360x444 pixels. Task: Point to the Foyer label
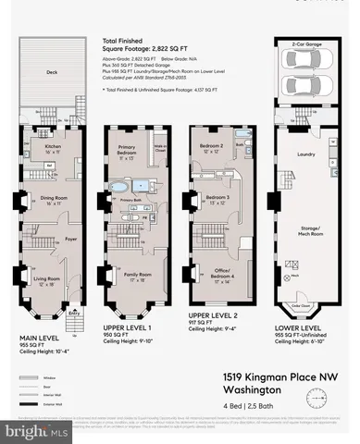[70, 239]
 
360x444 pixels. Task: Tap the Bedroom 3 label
[217, 198]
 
